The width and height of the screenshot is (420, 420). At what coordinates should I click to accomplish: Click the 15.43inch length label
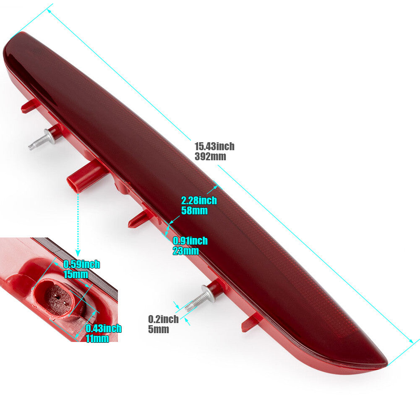[214, 146]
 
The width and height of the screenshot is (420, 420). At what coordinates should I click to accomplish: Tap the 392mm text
[210, 157]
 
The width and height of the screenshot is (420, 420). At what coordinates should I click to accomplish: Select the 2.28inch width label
[199, 201]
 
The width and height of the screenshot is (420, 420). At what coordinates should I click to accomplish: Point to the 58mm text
[194, 211]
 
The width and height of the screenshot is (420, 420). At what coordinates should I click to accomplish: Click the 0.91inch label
[190, 240]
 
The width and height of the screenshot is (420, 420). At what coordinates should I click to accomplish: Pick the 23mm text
[185, 251]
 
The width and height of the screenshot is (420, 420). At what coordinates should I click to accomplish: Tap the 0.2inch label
[163, 319]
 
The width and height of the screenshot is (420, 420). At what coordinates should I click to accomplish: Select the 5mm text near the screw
[159, 329]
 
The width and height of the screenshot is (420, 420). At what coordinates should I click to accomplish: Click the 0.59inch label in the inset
[82, 264]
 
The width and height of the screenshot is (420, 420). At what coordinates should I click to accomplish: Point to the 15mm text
[76, 274]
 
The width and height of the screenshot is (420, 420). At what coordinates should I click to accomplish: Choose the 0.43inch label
[103, 329]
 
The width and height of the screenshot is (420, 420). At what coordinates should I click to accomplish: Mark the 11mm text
[97, 339]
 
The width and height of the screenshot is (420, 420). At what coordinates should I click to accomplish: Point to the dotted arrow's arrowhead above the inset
[78, 253]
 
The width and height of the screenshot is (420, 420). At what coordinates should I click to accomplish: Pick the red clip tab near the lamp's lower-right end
[250, 323]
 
